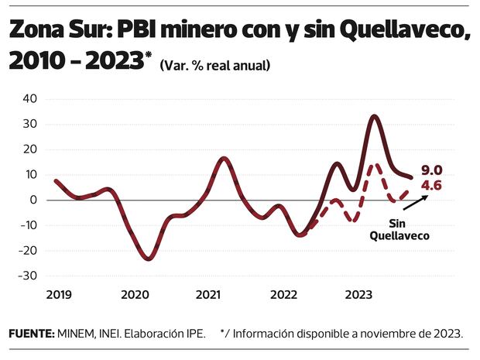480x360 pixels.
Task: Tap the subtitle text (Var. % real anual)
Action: (214, 66)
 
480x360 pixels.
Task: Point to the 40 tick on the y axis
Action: (30, 99)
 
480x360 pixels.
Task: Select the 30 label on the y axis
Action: (30, 124)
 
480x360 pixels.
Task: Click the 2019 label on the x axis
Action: (58, 295)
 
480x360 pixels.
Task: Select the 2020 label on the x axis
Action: (134, 295)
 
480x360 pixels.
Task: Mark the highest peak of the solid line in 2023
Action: (375, 117)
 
